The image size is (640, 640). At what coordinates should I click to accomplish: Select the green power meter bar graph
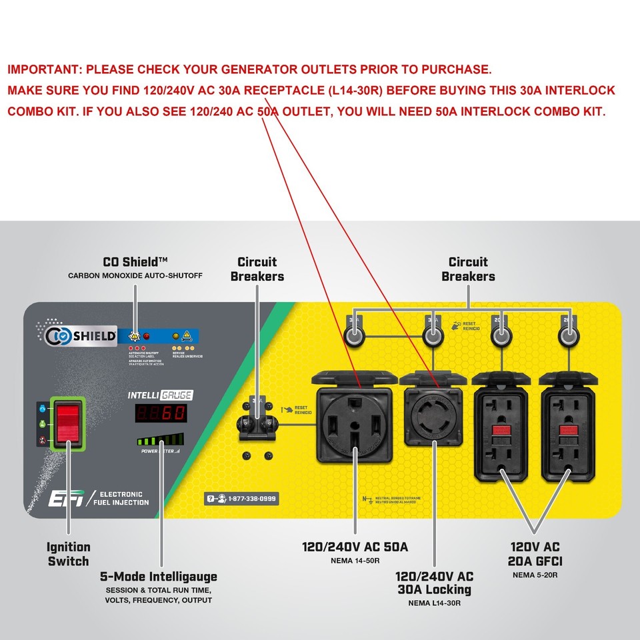coord(159,440)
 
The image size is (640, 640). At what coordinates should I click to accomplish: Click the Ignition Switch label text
coord(68,554)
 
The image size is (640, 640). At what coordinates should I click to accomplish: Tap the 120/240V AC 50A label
coord(355,547)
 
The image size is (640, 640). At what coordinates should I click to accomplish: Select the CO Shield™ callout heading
coord(135,262)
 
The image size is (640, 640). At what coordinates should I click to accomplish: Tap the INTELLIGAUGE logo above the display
coord(160,395)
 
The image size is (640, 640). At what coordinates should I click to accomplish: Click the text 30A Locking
coord(434,589)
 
